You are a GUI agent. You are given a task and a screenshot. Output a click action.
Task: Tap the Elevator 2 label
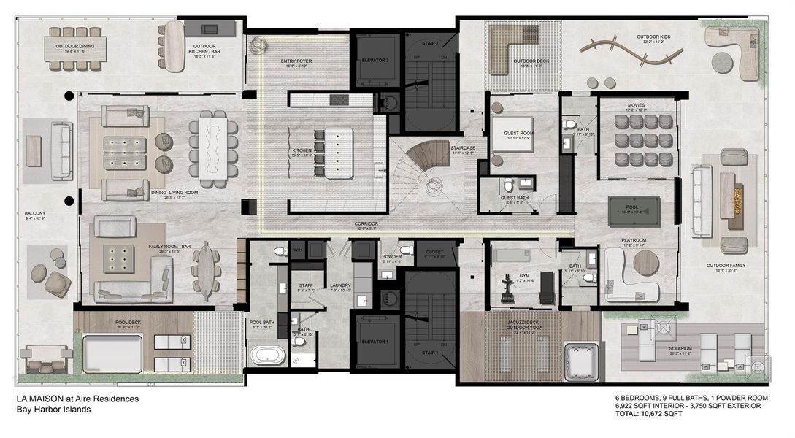click(x=377, y=60)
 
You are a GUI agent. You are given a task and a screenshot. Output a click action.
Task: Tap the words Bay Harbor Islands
click(x=53, y=410)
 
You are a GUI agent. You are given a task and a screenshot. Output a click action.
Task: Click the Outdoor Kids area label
click(x=653, y=36)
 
